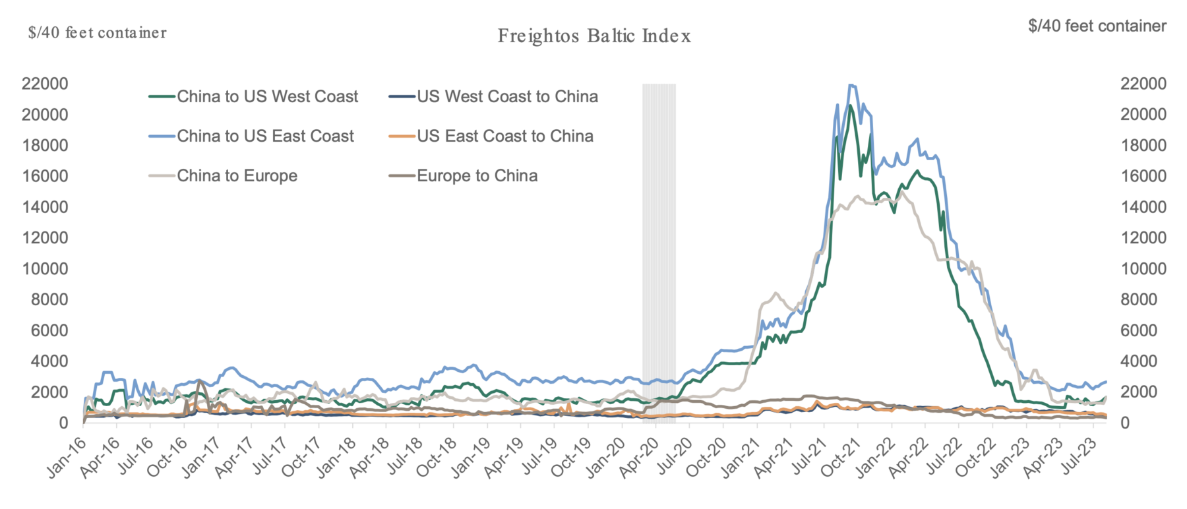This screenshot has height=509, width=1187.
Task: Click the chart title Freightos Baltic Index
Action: (x=594, y=36)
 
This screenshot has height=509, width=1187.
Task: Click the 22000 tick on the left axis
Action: (x=45, y=84)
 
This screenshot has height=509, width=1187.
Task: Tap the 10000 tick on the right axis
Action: (x=1143, y=269)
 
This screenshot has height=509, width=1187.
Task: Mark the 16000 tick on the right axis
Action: (x=1143, y=176)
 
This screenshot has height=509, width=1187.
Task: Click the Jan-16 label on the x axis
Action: (x=67, y=457)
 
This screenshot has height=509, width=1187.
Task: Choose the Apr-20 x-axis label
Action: (x=638, y=457)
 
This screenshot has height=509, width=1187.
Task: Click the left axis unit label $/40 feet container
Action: (x=98, y=33)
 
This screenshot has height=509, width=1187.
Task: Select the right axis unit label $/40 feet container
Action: (x=1097, y=26)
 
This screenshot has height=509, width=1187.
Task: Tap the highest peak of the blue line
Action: (x=851, y=85)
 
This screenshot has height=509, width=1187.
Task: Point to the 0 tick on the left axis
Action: (x=63, y=423)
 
